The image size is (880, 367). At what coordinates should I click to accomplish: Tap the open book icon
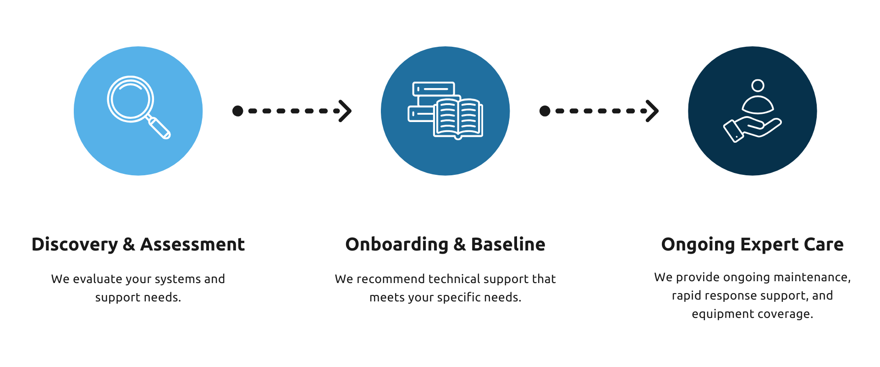pyautogui.click(x=458, y=118)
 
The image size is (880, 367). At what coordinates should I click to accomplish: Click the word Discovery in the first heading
pyautogui.click(x=75, y=245)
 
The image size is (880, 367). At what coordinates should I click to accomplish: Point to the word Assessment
pyautogui.click(x=192, y=245)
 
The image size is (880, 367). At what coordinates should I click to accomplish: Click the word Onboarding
pyautogui.click(x=396, y=245)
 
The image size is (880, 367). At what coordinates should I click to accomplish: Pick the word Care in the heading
pyautogui.click(x=824, y=245)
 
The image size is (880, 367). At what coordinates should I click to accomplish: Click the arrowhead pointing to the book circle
pyautogui.click(x=346, y=111)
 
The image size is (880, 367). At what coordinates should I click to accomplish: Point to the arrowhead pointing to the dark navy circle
pyautogui.click(x=653, y=111)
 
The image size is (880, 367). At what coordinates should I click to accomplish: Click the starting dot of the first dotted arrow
pyautogui.click(x=238, y=111)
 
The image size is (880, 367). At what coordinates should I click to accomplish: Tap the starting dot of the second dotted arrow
pyautogui.click(x=545, y=111)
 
